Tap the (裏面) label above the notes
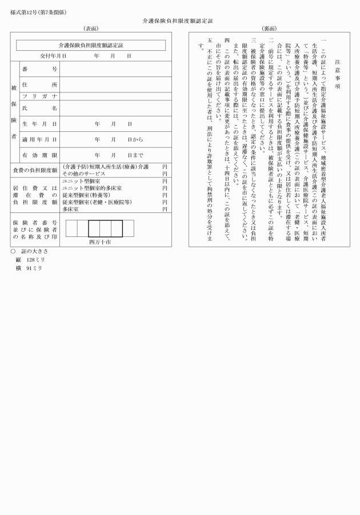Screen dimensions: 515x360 tap(269, 29)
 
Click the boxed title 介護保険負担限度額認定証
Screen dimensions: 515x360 tap(91, 45)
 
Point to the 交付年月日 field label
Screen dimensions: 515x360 tap(53, 57)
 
